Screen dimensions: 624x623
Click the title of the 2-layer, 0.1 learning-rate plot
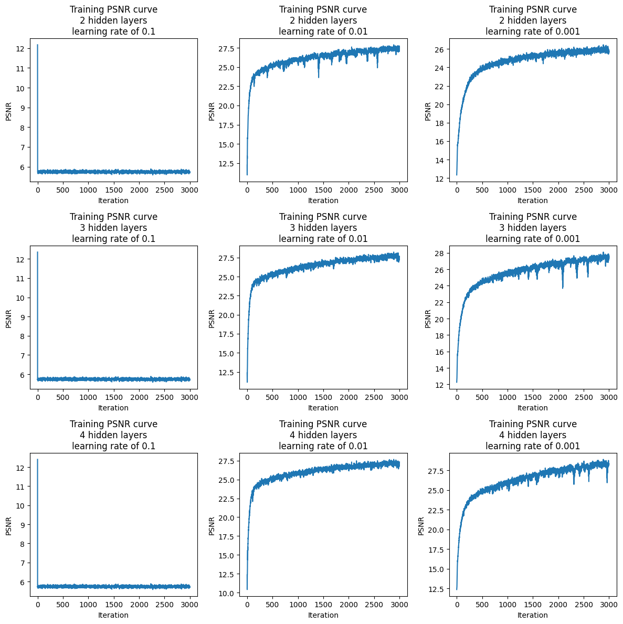tap(113, 20)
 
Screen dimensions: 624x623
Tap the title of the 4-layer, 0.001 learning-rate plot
tap(533, 435)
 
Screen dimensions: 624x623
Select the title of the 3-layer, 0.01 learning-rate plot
tap(323, 228)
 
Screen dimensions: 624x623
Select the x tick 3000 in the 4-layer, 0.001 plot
tap(608, 605)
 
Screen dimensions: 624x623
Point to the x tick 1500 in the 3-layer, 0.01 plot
tap(323, 398)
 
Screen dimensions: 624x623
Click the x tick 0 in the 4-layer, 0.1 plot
tap(38, 605)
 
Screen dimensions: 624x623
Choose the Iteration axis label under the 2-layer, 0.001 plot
tap(532, 200)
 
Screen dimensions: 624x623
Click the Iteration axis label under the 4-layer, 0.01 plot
tap(323, 615)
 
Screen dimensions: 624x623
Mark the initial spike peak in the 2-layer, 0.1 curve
tap(38, 45)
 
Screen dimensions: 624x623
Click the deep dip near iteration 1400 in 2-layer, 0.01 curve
tap(318, 77)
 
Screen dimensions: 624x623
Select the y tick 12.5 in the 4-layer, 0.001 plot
tap(435, 589)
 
